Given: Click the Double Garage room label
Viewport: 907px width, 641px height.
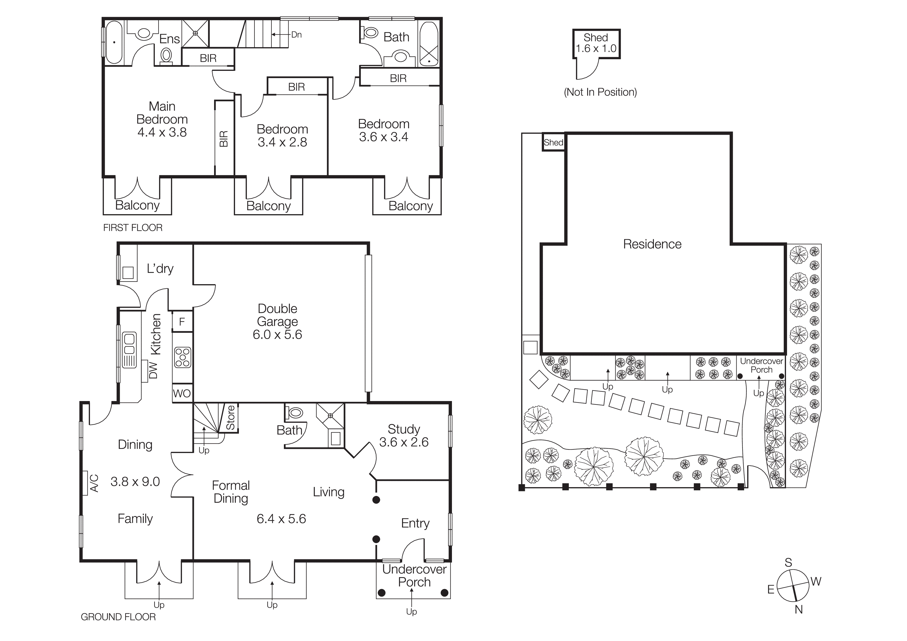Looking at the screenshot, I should (x=277, y=315).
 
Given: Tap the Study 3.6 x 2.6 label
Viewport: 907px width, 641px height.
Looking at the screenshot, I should (x=404, y=435).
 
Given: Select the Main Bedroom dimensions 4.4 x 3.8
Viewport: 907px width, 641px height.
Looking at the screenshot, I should (x=162, y=132).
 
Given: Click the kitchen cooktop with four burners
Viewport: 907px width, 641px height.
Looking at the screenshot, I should (x=183, y=357).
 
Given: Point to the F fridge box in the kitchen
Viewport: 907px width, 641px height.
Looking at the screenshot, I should (x=182, y=321).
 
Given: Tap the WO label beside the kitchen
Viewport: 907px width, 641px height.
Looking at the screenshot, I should (x=182, y=393).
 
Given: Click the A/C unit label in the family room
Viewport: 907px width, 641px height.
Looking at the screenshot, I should (x=94, y=483).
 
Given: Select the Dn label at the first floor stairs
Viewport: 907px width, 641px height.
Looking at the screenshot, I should (x=296, y=35).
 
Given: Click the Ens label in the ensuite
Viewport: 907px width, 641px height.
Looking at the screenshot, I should (x=169, y=39).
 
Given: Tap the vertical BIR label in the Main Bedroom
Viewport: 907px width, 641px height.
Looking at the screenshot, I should (x=224, y=139).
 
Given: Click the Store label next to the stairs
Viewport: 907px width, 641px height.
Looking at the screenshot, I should (x=231, y=417).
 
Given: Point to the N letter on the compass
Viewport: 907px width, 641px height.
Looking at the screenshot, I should (x=799, y=609).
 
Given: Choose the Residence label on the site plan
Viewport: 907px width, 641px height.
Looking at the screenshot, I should (x=652, y=244).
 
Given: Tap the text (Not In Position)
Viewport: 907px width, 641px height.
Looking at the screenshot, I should (x=600, y=92).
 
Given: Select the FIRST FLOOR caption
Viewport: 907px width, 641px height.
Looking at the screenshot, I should (x=133, y=228).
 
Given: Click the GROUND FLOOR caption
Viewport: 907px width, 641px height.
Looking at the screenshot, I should (x=118, y=617).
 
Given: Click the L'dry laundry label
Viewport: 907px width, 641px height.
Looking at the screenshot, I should (x=160, y=269).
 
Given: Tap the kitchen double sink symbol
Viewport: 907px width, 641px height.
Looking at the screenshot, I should (x=129, y=344).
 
